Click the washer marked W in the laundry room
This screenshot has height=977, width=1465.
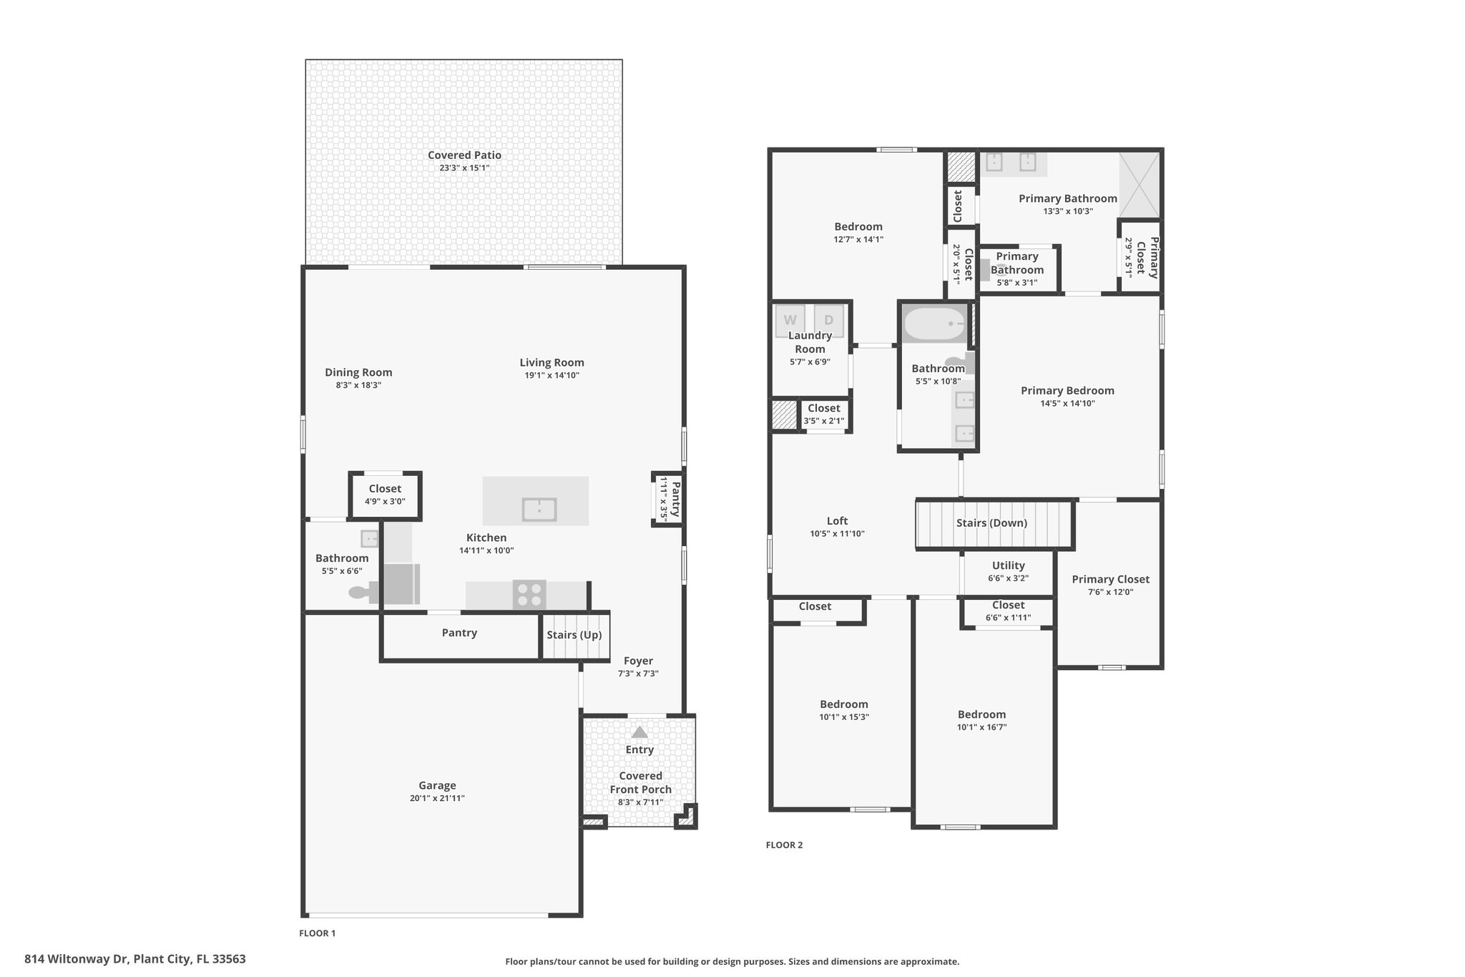click(790, 321)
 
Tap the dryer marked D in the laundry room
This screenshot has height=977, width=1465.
click(829, 321)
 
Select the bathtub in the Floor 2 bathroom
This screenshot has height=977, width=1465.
click(934, 324)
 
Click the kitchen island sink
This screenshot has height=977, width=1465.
click(539, 510)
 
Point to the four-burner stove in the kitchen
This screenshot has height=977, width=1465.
click(529, 595)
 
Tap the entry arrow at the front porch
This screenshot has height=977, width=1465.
click(640, 732)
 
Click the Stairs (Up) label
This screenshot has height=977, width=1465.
click(574, 635)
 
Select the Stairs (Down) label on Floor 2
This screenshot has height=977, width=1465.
click(991, 523)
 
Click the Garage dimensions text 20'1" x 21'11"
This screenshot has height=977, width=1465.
click(437, 798)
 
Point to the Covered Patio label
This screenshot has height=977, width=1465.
click(464, 155)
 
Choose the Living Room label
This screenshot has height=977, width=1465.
click(552, 363)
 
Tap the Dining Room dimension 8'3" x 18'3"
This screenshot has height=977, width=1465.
click(358, 385)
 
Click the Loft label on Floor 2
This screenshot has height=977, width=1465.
click(838, 521)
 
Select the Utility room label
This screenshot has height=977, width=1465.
click(1009, 565)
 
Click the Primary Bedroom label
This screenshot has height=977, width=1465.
click(1067, 391)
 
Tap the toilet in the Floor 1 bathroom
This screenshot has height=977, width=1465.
click(364, 593)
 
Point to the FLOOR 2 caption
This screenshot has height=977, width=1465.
click(784, 845)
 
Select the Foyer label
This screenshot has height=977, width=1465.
click(638, 661)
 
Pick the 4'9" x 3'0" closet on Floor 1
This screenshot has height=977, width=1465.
click(385, 495)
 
